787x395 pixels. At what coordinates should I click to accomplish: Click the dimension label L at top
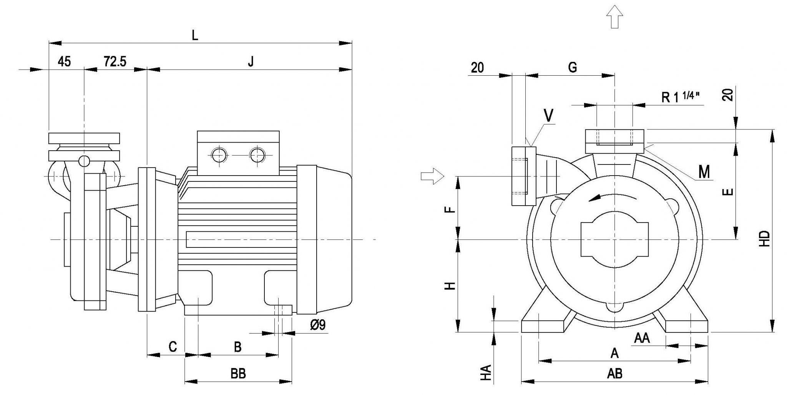(x=195, y=35)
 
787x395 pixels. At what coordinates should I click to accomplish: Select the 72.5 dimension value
(x=115, y=61)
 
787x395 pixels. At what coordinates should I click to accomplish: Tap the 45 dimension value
(x=65, y=61)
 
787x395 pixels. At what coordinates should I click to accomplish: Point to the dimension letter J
(x=251, y=61)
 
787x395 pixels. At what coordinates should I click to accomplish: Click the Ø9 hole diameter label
(x=317, y=325)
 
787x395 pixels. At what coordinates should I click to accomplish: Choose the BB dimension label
(x=238, y=373)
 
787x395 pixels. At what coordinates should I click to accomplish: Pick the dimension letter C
(x=173, y=347)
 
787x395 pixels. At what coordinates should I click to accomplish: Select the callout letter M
(x=704, y=172)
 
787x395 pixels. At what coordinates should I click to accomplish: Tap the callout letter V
(x=549, y=116)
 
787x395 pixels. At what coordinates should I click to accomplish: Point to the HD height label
(x=765, y=238)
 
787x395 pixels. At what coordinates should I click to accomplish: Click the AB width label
(x=615, y=373)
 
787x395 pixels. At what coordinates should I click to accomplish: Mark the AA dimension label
(x=642, y=338)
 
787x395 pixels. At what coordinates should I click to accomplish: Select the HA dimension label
(x=487, y=373)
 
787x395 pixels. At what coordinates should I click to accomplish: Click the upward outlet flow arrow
(x=614, y=17)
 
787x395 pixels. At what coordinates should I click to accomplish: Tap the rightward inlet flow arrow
(x=433, y=176)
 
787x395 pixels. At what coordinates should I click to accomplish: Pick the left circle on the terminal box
(x=219, y=155)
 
